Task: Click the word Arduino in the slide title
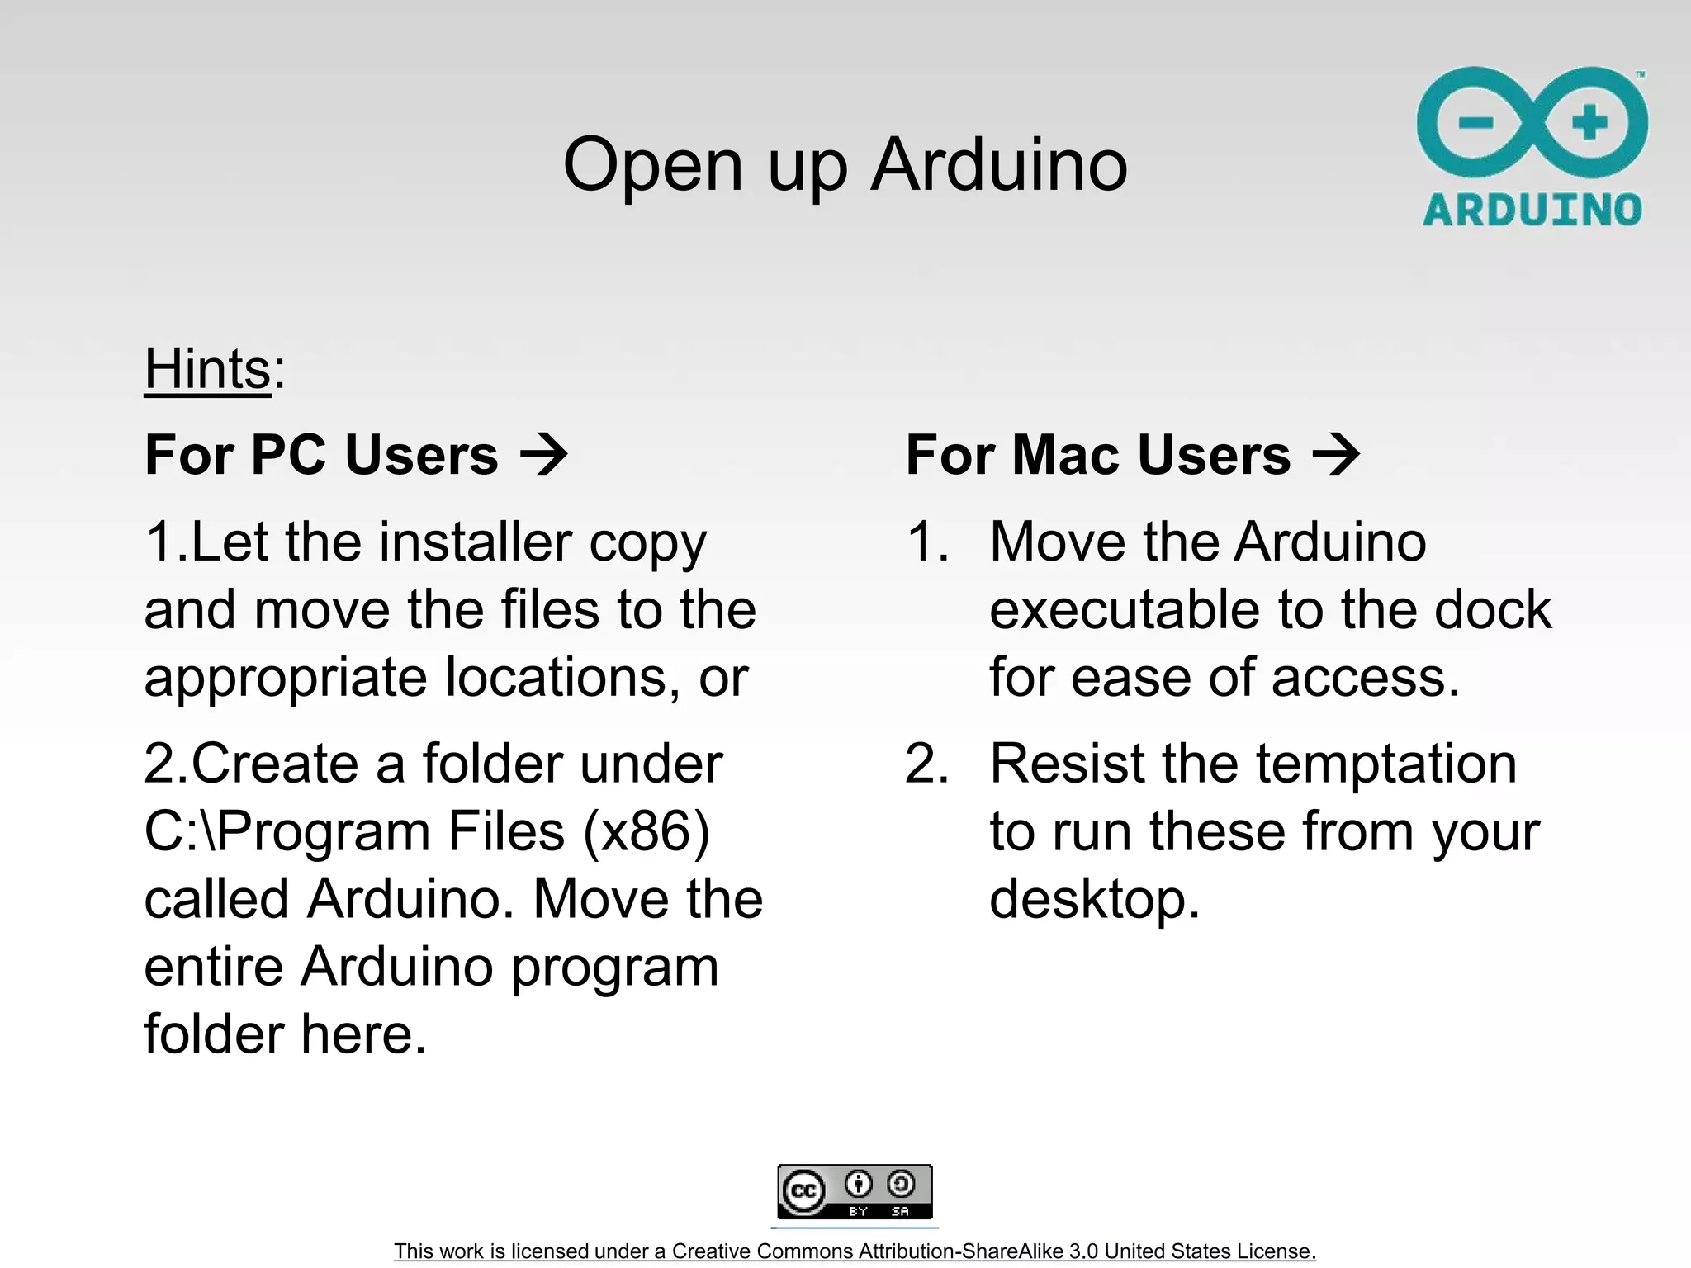click(999, 164)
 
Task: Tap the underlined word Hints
click(207, 368)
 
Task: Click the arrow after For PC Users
click(544, 455)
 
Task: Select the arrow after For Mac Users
click(1335, 455)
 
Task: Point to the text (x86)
click(646, 831)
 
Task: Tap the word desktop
click(1094, 899)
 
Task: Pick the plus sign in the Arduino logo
click(1589, 123)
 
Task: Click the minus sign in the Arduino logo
click(1476, 123)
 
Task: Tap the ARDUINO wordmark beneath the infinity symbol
click(1532, 210)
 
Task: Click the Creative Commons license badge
click(855, 1191)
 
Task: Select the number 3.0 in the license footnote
click(1083, 1251)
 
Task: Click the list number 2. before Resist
click(926, 764)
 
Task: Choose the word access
click(1366, 678)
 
